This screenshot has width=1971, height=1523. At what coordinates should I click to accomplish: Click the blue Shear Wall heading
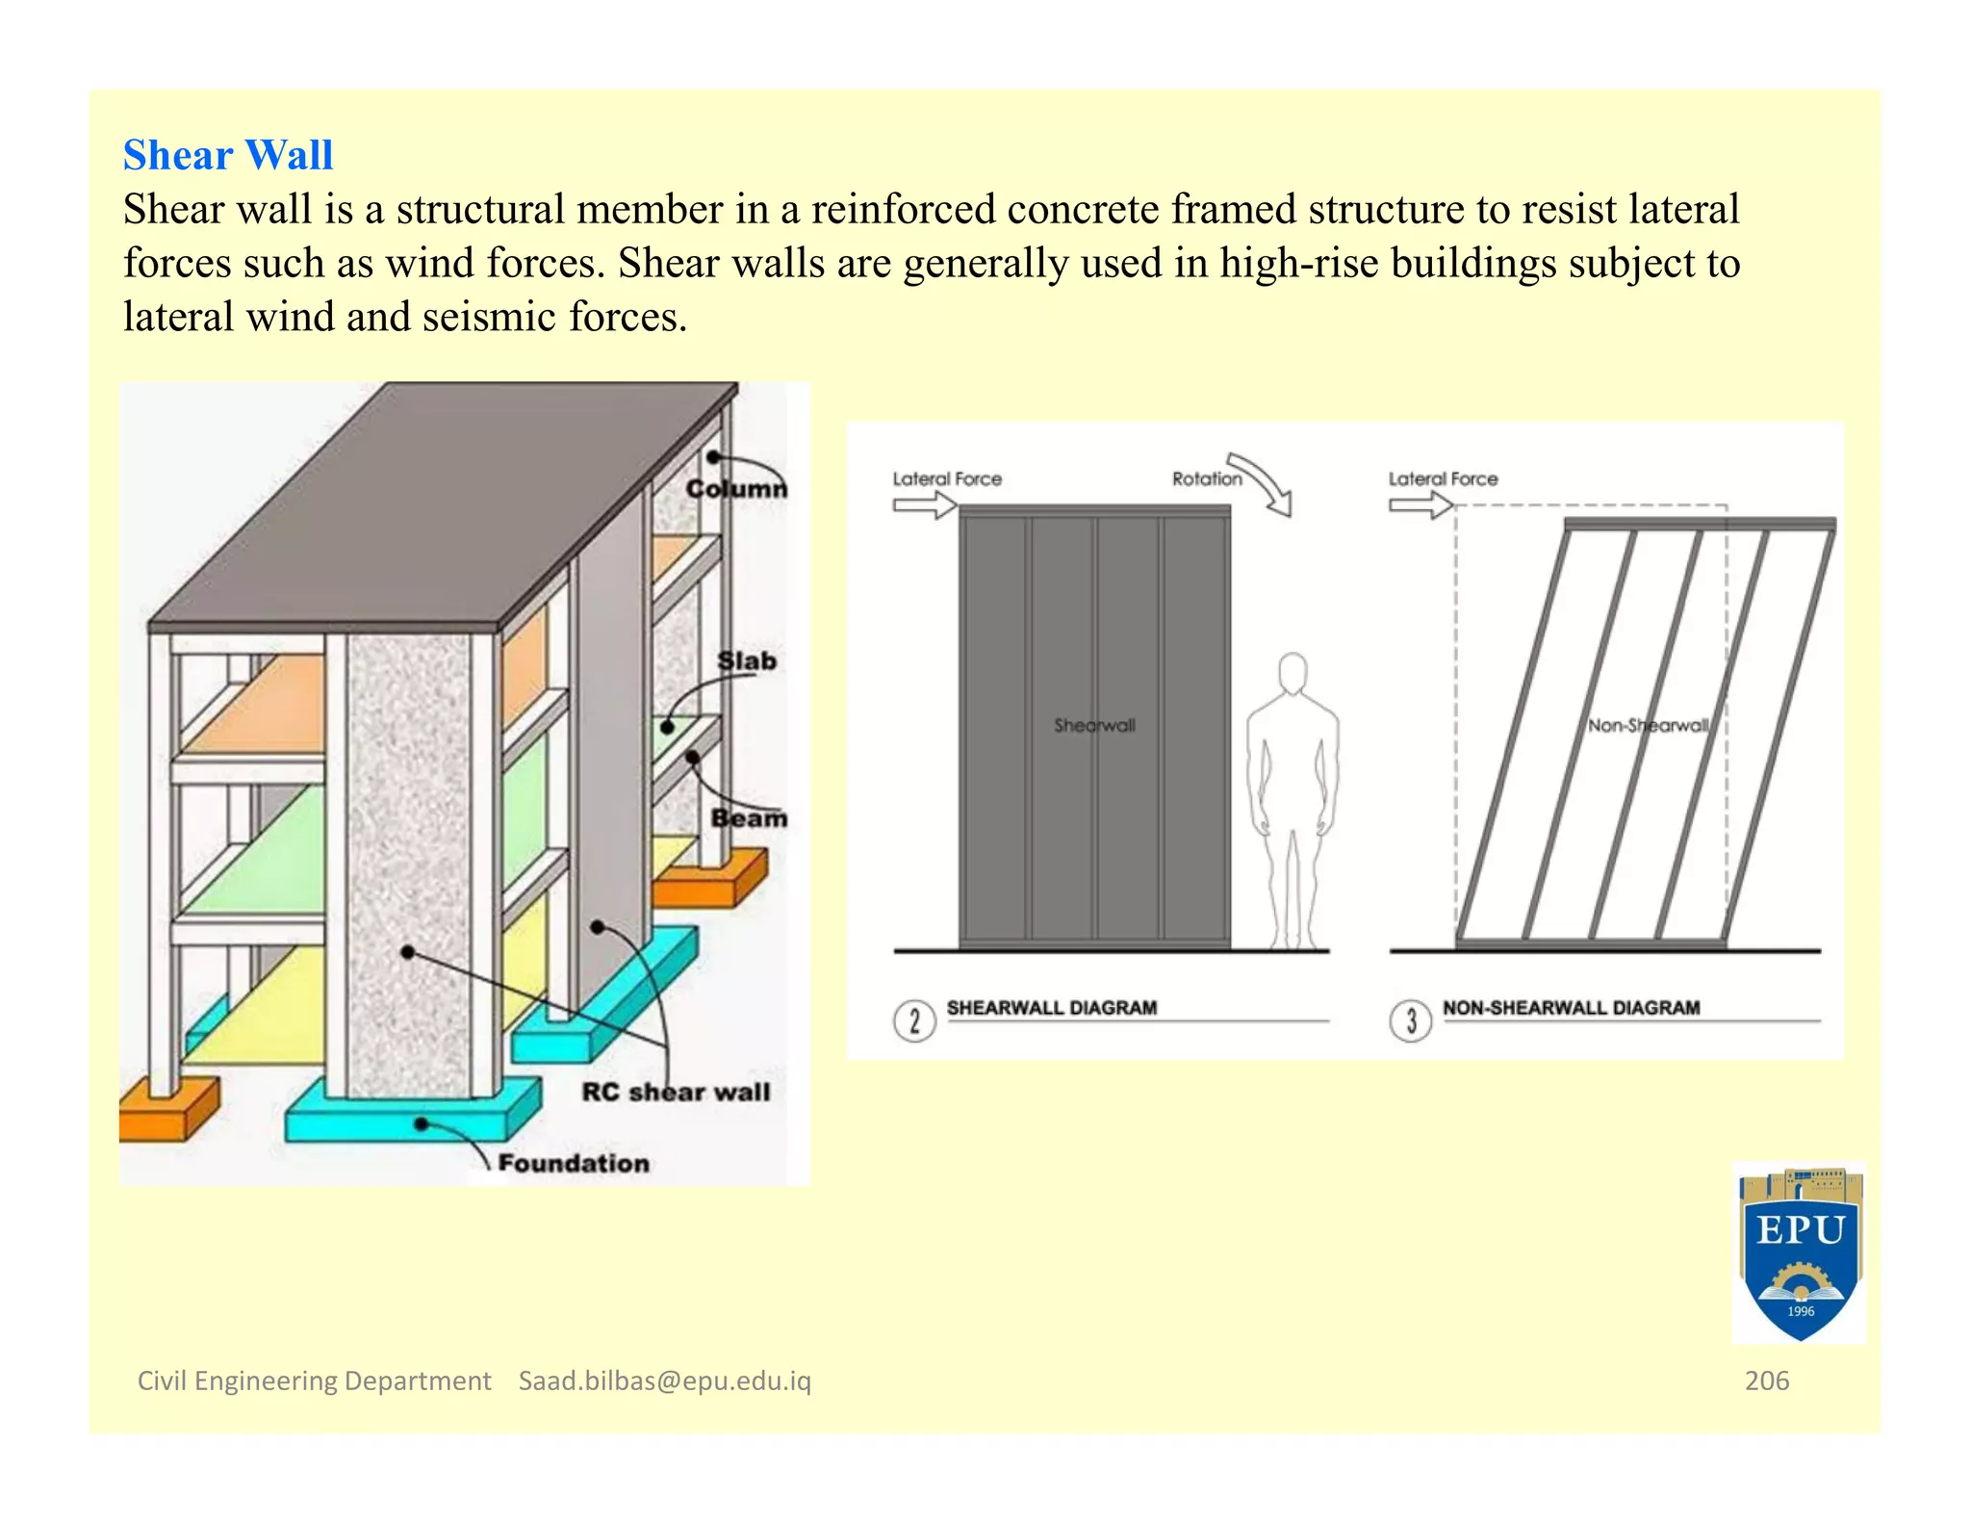coord(228,155)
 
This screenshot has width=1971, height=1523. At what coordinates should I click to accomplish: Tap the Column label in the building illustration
coord(735,489)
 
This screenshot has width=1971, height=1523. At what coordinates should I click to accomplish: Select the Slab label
coord(746,661)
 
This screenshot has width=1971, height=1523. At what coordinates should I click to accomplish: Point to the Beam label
coord(748,818)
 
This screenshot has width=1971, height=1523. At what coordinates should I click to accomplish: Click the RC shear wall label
coord(676,1092)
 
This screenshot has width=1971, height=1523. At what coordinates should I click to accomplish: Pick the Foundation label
coord(574,1163)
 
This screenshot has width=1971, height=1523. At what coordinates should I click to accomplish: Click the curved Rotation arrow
coord(1264,484)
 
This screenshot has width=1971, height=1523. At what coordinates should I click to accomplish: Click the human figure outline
coord(1292,799)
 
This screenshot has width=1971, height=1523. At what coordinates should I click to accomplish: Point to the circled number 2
coord(914,1020)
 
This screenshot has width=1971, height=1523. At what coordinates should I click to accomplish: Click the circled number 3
coord(1410,1020)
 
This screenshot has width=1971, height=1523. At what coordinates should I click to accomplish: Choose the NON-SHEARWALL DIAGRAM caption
coord(1571,1008)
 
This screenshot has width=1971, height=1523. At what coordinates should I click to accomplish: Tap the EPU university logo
coord(1799,1252)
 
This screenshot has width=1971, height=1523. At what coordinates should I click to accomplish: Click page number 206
coord(1766,1381)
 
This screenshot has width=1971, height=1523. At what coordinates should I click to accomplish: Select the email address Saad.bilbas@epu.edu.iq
coord(665,1381)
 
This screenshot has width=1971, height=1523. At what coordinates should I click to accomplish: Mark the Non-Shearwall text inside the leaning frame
coord(1648,725)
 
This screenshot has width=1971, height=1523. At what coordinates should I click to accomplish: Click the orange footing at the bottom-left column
coord(168,1109)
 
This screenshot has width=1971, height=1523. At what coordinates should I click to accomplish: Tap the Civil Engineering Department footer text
coord(314,1381)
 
